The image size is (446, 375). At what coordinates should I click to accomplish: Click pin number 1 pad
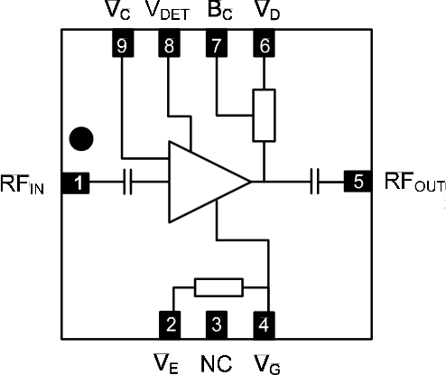(x=79, y=183)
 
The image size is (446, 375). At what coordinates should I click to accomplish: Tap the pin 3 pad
(x=216, y=323)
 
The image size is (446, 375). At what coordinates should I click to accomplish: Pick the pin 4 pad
(x=264, y=323)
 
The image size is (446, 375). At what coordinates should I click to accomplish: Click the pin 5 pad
(x=358, y=183)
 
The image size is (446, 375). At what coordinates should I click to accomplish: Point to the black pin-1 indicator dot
(x=82, y=138)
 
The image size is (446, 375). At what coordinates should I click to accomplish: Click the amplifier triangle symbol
(x=203, y=183)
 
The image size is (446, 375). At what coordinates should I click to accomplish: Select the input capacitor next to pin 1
(x=128, y=183)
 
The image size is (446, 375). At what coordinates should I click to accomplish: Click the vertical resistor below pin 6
(x=264, y=116)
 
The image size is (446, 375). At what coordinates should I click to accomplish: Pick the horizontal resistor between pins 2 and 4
(x=218, y=288)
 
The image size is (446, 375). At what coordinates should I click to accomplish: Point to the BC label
(x=218, y=13)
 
